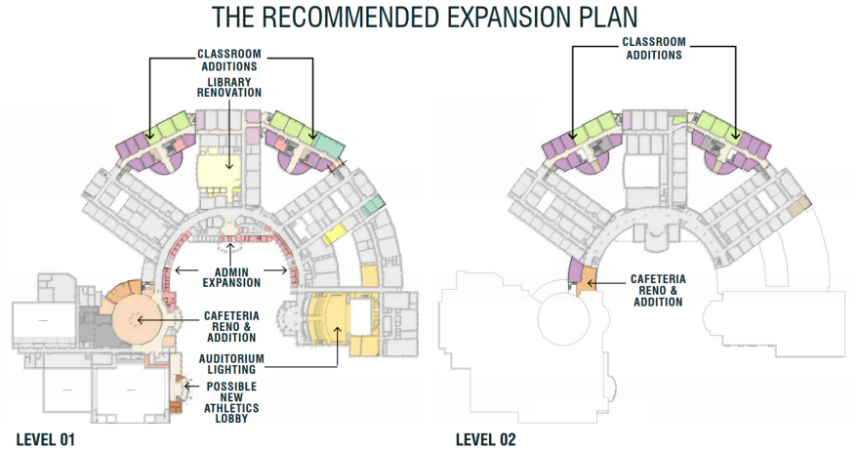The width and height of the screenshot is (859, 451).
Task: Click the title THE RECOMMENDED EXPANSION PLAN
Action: (x=425, y=17)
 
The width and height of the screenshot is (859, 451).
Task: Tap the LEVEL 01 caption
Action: (x=46, y=439)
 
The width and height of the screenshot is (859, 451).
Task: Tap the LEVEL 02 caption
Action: (x=486, y=439)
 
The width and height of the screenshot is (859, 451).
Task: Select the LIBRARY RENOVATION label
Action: (x=229, y=87)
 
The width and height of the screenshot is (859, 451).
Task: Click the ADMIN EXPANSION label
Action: (x=231, y=277)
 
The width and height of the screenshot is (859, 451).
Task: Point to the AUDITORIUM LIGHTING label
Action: (x=231, y=364)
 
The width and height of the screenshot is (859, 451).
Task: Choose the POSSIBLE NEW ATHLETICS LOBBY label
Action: (x=231, y=402)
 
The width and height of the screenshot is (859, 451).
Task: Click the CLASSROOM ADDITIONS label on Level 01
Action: (x=229, y=61)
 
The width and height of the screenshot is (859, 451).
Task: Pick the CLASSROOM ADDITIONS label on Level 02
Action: (x=654, y=48)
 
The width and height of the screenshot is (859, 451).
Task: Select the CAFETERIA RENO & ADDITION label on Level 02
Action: (x=658, y=291)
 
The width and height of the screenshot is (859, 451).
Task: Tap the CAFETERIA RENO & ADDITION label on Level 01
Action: (x=231, y=327)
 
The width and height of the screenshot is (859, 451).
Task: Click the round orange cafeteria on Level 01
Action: (x=137, y=319)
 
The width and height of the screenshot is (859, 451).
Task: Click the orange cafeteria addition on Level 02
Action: (x=588, y=279)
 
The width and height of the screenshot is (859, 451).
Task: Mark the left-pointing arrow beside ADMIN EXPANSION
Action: (x=186, y=269)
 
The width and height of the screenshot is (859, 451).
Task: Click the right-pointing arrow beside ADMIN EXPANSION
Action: (x=275, y=269)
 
